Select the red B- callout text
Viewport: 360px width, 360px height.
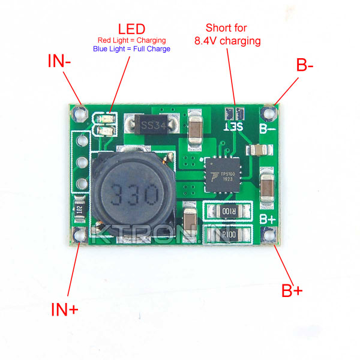(x=305, y=65)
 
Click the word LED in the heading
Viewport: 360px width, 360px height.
(x=131, y=29)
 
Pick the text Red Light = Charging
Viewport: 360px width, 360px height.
(x=131, y=40)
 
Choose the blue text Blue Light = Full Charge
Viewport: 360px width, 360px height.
(x=131, y=49)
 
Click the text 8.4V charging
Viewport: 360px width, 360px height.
(x=227, y=41)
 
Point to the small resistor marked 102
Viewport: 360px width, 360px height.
(x=78, y=211)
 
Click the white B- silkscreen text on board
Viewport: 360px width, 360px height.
(x=268, y=128)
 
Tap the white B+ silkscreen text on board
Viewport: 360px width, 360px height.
(x=267, y=220)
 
